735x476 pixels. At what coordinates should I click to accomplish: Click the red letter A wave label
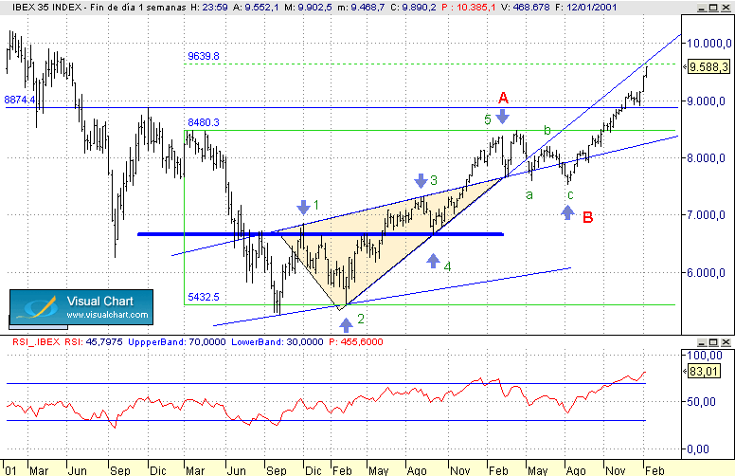[503, 97]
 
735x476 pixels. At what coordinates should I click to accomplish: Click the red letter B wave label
[588, 217]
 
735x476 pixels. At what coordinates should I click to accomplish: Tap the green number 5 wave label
[488, 119]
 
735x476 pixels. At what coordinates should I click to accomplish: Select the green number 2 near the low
[361, 320]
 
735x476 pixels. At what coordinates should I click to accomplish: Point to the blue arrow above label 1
[303, 207]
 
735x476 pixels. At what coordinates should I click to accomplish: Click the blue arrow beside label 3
[421, 180]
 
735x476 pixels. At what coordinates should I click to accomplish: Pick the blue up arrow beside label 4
[434, 261]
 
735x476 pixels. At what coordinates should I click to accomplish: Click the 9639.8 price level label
[204, 57]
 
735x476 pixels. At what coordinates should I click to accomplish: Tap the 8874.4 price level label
[19, 100]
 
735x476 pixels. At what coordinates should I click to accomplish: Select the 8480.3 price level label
[204, 122]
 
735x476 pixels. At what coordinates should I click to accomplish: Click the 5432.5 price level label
[204, 297]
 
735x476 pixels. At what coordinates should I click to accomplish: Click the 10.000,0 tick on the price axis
[708, 44]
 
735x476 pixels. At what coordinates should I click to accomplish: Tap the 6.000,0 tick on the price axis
[708, 273]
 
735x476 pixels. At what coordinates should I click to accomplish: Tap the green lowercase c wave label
[569, 195]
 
